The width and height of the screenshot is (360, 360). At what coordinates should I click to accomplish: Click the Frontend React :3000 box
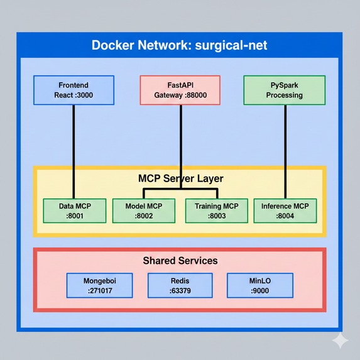(x=74, y=90)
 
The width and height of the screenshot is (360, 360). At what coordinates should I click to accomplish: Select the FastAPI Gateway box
(x=180, y=90)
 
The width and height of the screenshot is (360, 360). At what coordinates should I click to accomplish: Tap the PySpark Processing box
(x=285, y=90)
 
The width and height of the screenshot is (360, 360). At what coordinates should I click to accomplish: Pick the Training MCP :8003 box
(x=215, y=210)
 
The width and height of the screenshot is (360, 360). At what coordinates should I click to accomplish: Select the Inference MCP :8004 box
(x=285, y=210)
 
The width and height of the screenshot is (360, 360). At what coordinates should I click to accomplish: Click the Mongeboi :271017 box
(x=100, y=285)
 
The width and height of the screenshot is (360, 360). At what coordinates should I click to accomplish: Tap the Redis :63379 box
(x=179, y=285)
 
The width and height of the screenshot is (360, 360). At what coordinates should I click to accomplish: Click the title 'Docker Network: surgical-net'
(x=180, y=46)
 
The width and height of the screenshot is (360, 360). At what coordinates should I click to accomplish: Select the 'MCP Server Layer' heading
(x=180, y=178)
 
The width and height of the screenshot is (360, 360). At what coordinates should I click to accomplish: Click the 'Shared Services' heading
(x=180, y=260)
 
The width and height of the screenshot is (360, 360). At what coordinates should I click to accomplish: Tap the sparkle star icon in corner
(x=340, y=341)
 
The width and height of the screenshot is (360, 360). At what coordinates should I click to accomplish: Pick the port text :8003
(x=215, y=216)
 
